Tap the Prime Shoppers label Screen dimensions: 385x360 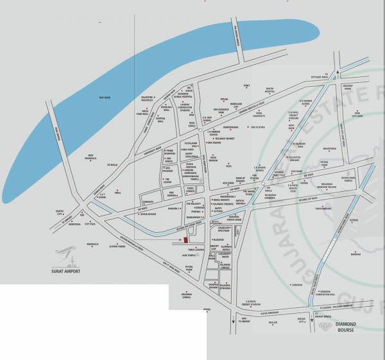[171, 152]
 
